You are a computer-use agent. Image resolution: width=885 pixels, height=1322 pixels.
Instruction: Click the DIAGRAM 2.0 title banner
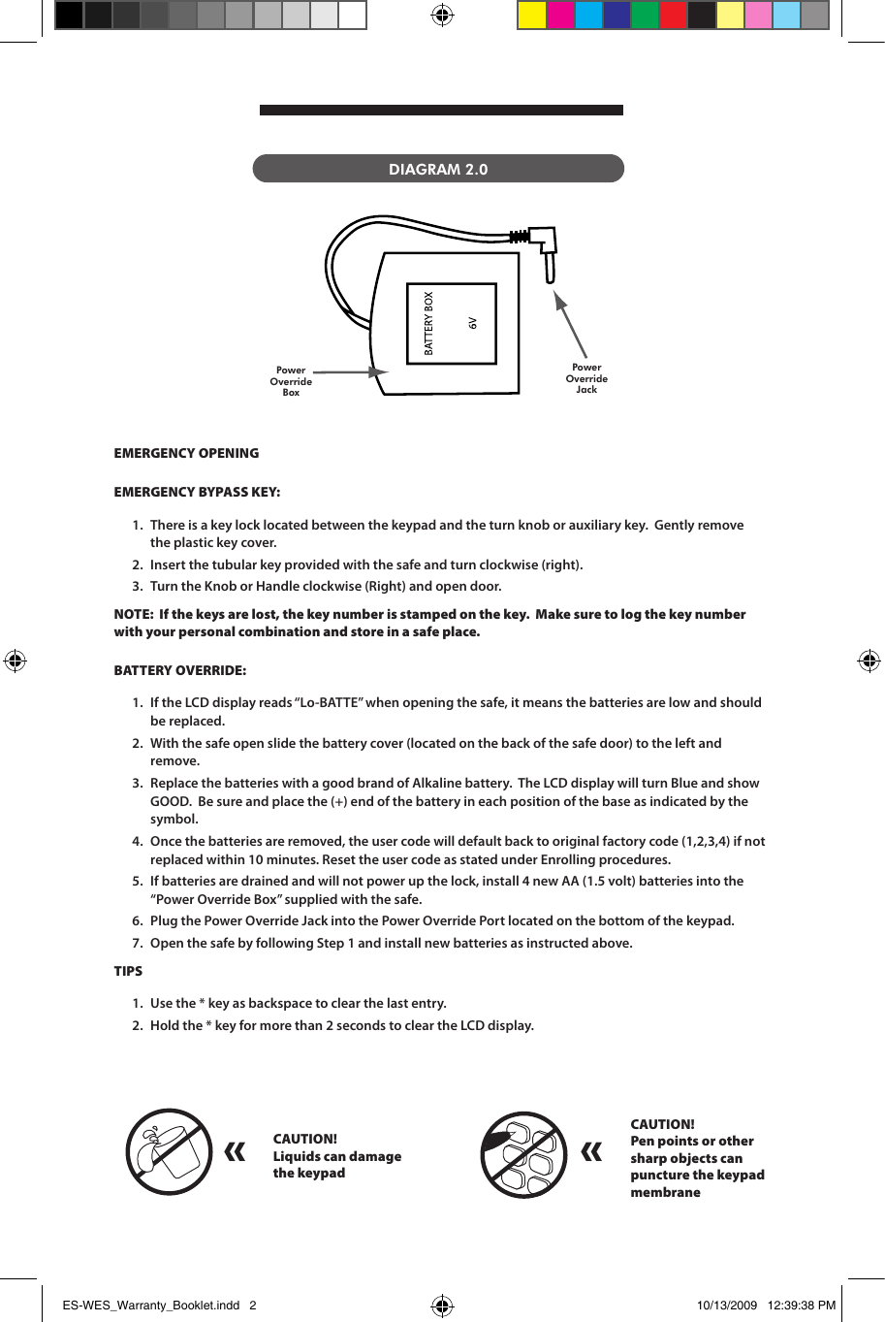[438, 169]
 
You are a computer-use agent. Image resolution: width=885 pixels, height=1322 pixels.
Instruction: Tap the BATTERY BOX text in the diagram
[429, 323]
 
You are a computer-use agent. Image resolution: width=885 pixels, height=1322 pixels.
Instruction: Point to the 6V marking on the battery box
[473, 323]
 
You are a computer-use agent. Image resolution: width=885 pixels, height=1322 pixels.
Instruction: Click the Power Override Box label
[291, 381]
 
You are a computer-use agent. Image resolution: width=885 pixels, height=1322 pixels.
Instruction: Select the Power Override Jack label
[586, 378]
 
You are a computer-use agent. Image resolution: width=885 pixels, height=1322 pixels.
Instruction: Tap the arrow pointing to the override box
[349, 371]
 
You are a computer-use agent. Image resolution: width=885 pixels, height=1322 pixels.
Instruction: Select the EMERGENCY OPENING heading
[186, 453]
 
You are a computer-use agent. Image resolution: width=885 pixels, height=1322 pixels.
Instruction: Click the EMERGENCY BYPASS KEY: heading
[197, 492]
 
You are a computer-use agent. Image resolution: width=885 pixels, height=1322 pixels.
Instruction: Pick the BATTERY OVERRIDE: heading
[179, 670]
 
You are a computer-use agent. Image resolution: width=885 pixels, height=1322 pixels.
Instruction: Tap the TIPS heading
[128, 971]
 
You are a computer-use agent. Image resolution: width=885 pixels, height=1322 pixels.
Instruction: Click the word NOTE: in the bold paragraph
[133, 614]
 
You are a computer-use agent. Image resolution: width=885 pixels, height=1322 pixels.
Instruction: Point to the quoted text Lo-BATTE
[326, 702]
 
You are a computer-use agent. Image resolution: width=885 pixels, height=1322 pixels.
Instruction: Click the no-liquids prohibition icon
[170, 1152]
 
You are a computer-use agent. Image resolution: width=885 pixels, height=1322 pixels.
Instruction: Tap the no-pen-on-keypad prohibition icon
[523, 1154]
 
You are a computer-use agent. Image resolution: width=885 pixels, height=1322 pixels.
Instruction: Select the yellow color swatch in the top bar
[532, 15]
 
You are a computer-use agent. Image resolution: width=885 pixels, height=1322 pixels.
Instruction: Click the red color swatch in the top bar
[673, 15]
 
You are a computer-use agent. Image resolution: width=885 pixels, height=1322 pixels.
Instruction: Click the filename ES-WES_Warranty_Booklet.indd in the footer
[150, 1305]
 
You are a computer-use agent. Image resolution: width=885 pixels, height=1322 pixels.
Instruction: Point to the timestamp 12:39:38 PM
[801, 1305]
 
